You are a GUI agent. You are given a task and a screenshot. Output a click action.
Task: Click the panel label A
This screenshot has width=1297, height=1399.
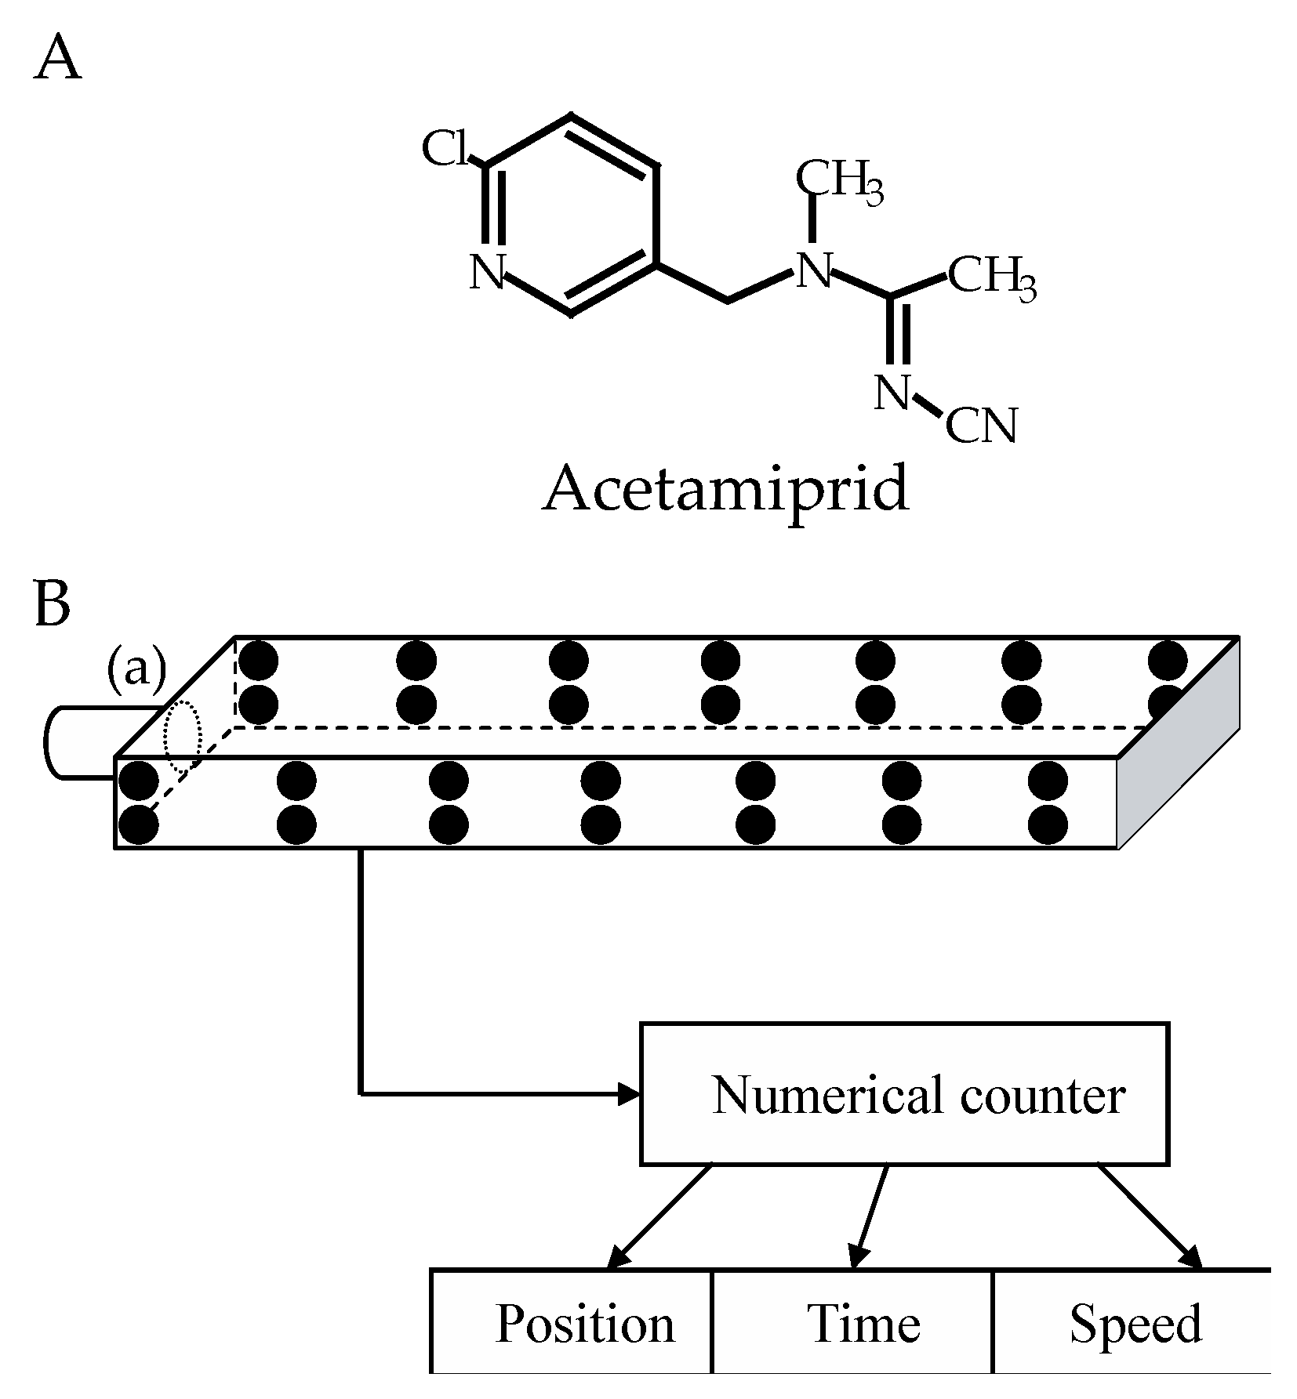58,59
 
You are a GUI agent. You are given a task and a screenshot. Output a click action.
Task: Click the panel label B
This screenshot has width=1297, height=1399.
53,604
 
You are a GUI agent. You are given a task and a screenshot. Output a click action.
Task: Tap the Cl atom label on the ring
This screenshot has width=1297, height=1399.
446,149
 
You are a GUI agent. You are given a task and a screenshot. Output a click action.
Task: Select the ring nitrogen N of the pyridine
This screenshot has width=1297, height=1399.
487,273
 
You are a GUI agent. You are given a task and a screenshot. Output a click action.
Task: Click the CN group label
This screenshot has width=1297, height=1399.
980,426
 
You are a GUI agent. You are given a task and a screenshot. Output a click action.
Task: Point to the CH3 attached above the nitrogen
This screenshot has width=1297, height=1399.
839,179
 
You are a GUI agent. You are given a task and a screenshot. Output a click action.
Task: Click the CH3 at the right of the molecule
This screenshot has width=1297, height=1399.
992,277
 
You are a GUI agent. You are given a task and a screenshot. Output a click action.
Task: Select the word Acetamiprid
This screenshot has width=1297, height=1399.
725,488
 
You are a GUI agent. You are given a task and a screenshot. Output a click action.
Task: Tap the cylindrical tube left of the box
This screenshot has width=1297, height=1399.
86,743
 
